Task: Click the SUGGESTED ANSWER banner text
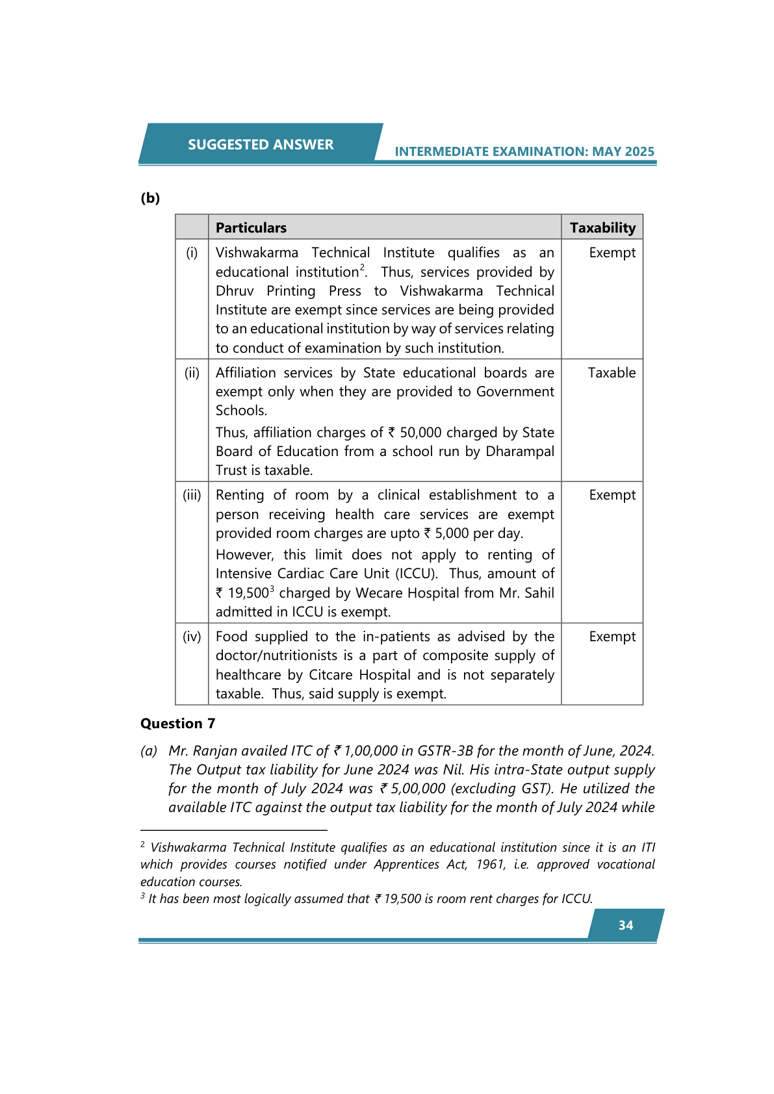(x=261, y=145)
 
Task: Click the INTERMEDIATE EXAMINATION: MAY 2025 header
(x=524, y=152)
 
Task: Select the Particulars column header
(x=251, y=228)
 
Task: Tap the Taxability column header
(x=602, y=228)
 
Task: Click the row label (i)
(x=192, y=253)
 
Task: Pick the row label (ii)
(x=192, y=373)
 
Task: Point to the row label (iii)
(x=192, y=495)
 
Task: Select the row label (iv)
(x=192, y=637)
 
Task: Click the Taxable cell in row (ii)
(x=612, y=373)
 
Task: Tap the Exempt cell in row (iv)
(x=612, y=637)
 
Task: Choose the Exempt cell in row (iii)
(x=612, y=495)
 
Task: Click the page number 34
(x=626, y=926)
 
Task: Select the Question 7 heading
(x=177, y=724)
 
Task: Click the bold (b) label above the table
(x=150, y=198)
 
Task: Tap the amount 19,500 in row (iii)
(x=248, y=593)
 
